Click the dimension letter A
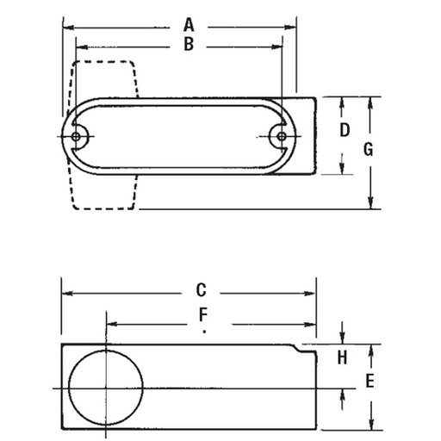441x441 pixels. pyautogui.click(x=188, y=24)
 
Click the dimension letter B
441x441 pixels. pyautogui.click(x=188, y=45)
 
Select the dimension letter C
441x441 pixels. pyautogui.click(x=200, y=290)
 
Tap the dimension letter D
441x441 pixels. pyautogui.click(x=344, y=131)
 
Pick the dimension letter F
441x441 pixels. pyautogui.click(x=203, y=314)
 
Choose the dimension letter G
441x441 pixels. pyautogui.click(x=368, y=149)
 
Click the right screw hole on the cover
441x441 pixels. pyautogui.click(x=280, y=135)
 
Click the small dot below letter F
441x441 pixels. pyautogui.click(x=204, y=330)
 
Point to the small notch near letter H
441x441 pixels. pyautogui.click(x=301, y=348)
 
